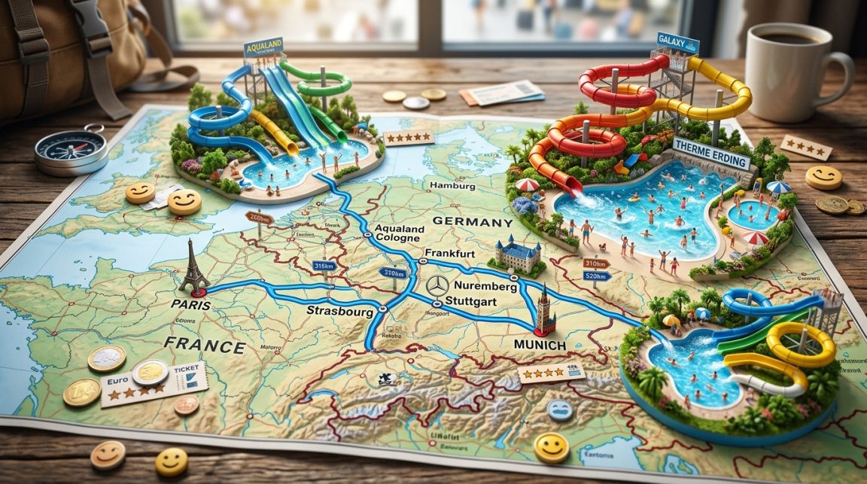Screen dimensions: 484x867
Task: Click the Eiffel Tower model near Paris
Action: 194,265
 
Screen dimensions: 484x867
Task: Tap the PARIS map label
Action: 190,305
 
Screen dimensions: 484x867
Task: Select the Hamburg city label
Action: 450,186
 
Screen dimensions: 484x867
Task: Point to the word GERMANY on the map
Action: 473,223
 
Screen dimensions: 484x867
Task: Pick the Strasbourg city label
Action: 341,310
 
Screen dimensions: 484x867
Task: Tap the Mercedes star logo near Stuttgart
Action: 437,286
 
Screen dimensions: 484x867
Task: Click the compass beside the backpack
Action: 71,150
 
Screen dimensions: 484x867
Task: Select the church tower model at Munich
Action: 544,310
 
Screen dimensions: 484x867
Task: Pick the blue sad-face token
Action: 560,409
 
